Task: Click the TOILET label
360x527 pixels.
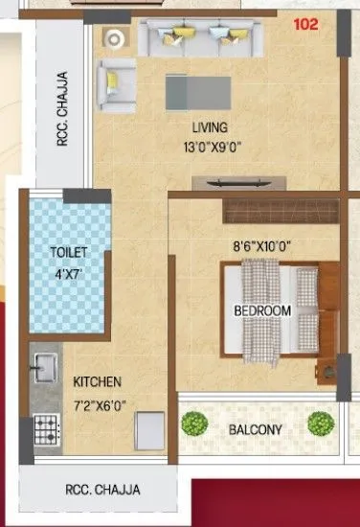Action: (69, 252)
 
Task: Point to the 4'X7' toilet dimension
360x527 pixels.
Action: (69, 269)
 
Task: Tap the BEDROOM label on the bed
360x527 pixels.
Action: (262, 311)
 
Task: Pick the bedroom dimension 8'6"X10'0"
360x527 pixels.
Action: (262, 246)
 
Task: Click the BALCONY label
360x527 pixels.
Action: (255, 429)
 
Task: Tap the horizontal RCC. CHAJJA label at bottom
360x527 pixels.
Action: (102, 490)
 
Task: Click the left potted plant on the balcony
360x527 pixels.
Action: (195, 423)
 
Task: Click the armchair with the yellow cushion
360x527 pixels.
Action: (118, 78)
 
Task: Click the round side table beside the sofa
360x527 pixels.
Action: (115, 38)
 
